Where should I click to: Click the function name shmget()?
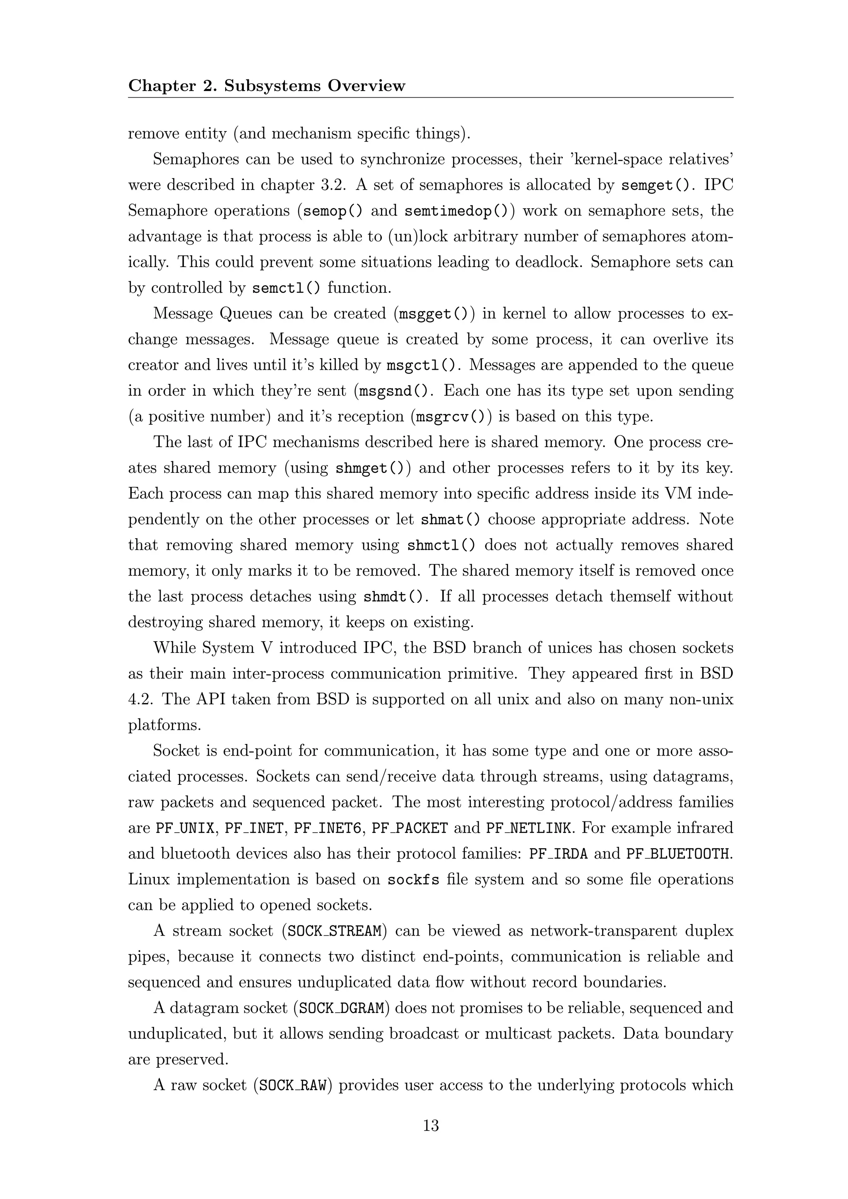point(369,468)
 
